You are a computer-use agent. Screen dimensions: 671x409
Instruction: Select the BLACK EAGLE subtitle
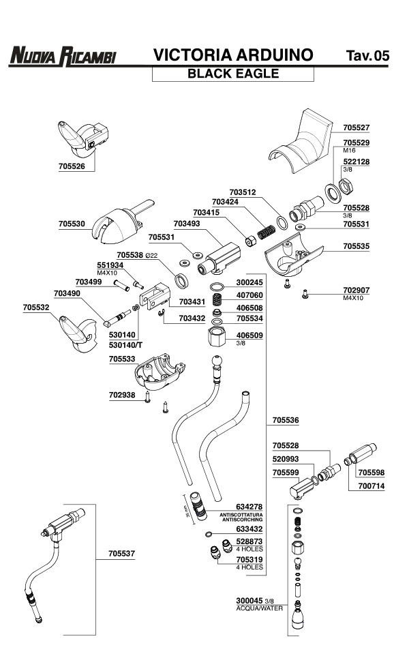tap(233, 74)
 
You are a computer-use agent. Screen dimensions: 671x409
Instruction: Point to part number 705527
tap(357, 128)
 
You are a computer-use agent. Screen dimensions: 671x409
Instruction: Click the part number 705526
tap(72, 165)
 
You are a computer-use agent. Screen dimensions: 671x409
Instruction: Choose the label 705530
tap(72, 223)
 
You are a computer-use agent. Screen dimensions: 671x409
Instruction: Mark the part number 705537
tap(121, 554)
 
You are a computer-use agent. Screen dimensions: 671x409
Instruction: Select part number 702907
tap(357, 290)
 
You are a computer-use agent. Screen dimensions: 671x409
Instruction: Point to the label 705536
tap(286, 420)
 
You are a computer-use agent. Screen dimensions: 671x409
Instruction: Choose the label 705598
tap(372, 471)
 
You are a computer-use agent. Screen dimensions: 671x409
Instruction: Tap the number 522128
tap(357, 162)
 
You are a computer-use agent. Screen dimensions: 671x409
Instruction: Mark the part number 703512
tap(242, 192)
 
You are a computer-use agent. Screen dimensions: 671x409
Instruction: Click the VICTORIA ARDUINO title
tap(233, 55)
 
